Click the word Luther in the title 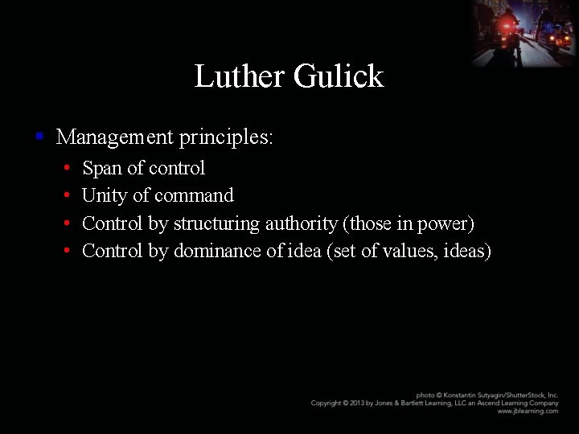coord(239,76)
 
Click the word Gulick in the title coord(339,76)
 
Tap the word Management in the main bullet coord(114,137)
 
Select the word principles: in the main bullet coord(226,137)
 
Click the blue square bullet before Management coord(39,137)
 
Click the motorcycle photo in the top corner coord(524,33)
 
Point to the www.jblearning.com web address coord(528,411)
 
